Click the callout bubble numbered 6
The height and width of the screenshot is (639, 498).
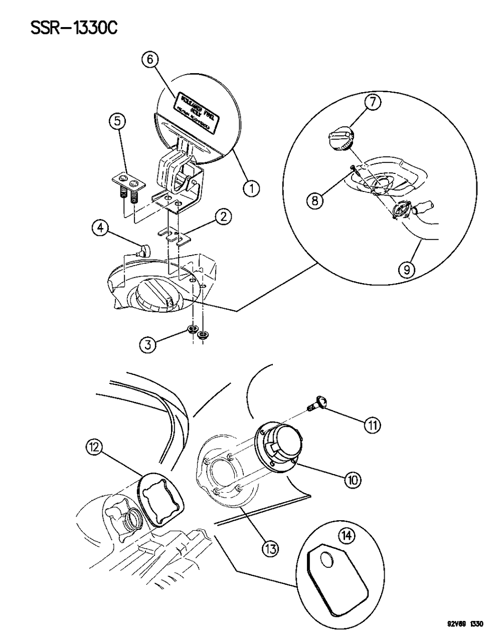(149, 60)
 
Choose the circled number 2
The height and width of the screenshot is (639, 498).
(223, 217)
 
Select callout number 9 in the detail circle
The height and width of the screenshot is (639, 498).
(406, 270)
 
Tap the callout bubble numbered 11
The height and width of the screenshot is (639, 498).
(372, 425)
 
